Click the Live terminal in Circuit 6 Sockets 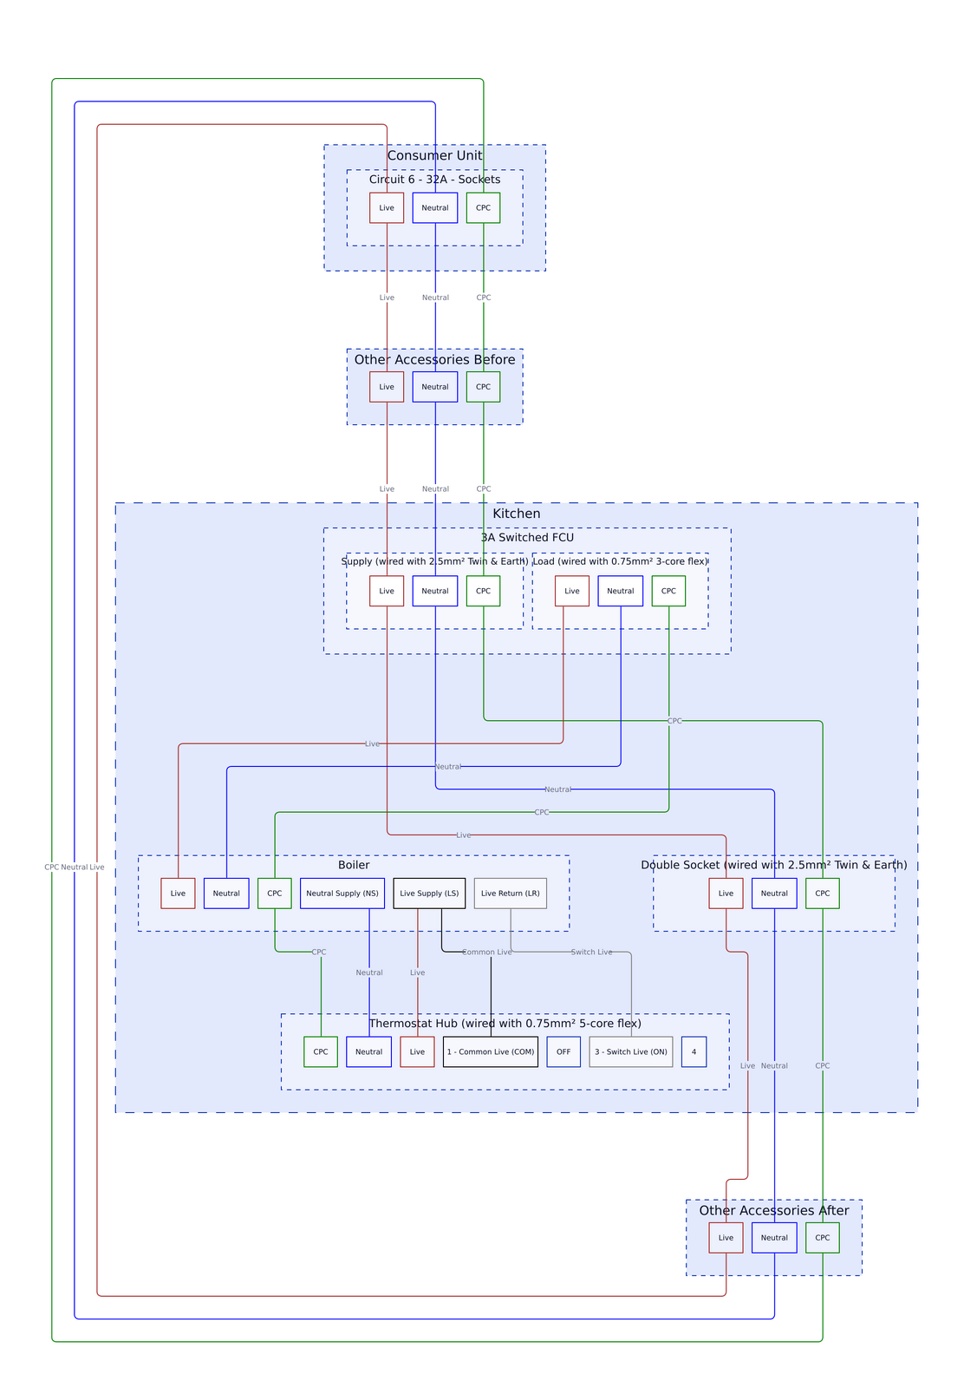coord(387,208)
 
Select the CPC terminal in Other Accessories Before coord(483,387)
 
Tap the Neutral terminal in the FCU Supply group coord(435,591)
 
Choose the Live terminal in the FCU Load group coord(572,591)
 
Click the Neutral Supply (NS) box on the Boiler coord(342,894)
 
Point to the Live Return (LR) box coord(510,894)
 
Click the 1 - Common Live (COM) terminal coord(491,1052)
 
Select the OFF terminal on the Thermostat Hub coord(563,1052)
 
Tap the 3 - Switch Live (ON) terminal coord(630,1052)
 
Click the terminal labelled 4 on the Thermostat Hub coord(694,1052)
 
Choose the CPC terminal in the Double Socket coord(822,894)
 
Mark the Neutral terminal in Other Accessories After coord(774,1238)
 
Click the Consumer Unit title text coord(434,156)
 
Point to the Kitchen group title coord(517,514)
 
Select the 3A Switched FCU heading coord(527,538)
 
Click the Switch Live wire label coord(591,953)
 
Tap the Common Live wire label coord(487,953)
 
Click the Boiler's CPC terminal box coord(274,894)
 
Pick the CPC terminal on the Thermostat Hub coord(321,1052)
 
